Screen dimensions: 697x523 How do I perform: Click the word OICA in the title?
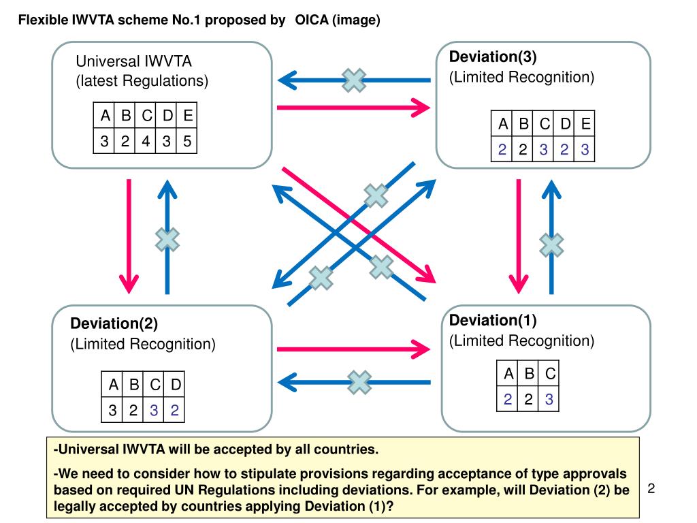tap(312, 20)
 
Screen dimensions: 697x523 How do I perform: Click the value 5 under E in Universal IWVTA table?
tap(187, 141)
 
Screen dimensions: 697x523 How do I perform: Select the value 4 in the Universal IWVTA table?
tap(146, 141)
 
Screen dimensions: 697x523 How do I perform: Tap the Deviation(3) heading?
tap(493, 57)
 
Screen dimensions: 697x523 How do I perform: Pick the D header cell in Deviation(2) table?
tap(176, 384)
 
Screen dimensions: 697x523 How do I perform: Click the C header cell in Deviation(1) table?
tap(550, 374)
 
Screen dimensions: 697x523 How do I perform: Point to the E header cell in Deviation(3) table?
tap(585, 123)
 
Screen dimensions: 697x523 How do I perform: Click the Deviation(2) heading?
tap(114, 323)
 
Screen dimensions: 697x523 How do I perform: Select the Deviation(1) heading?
tap(493, 320)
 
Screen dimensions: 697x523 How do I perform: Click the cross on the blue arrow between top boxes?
tap(354, 80)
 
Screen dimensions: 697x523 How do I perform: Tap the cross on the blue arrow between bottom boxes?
tap(359, 382)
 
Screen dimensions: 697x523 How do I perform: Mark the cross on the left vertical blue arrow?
tap(167, 239)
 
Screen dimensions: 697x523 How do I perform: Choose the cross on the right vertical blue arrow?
tap(551, 245)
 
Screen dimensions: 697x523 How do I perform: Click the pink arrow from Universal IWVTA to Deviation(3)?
tap(353, 108)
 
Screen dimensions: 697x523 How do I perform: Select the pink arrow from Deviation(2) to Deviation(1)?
tap(353, 349)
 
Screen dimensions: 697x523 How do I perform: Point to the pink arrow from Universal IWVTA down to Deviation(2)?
tap(129, 236)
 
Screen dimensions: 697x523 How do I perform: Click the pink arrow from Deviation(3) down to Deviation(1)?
tap(518, 236)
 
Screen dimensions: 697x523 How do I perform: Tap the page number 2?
tap(651, 489)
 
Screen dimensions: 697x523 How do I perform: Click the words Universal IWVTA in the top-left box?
tap(134, 61)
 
